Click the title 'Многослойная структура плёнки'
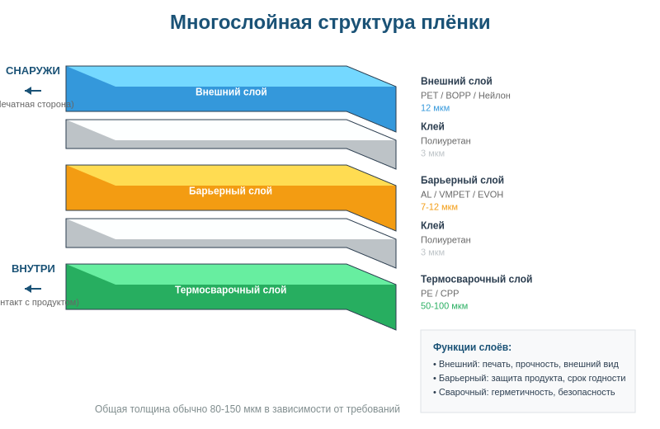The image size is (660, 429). (x=330, y=22)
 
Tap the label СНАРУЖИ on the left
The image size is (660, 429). (x=33, y=71)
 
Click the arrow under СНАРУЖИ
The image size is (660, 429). (x=33, y=91)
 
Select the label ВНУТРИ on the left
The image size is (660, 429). (x=33, y=269)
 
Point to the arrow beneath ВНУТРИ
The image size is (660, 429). (x=33, y=289)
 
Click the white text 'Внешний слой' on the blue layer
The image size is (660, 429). (x=231, y=92)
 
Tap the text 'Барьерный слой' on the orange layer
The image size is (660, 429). (x=230, y=191)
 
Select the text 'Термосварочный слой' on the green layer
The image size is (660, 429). (x=230, y=290)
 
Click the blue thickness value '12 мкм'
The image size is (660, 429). (x=435, y=108)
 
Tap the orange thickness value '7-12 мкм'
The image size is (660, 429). (x=439, y=207)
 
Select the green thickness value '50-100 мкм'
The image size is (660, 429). (x=444, y=306)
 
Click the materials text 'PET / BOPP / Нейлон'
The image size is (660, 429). (x=465, y=96)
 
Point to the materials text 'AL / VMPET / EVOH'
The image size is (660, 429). (x=462, y=195)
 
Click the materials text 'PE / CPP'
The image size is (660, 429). (x=440, y=294)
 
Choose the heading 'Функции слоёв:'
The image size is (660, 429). (x=472, y=347)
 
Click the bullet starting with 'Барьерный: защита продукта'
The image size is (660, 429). (x=529, y=378)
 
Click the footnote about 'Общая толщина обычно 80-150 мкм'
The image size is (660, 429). (x=247, y=409)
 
